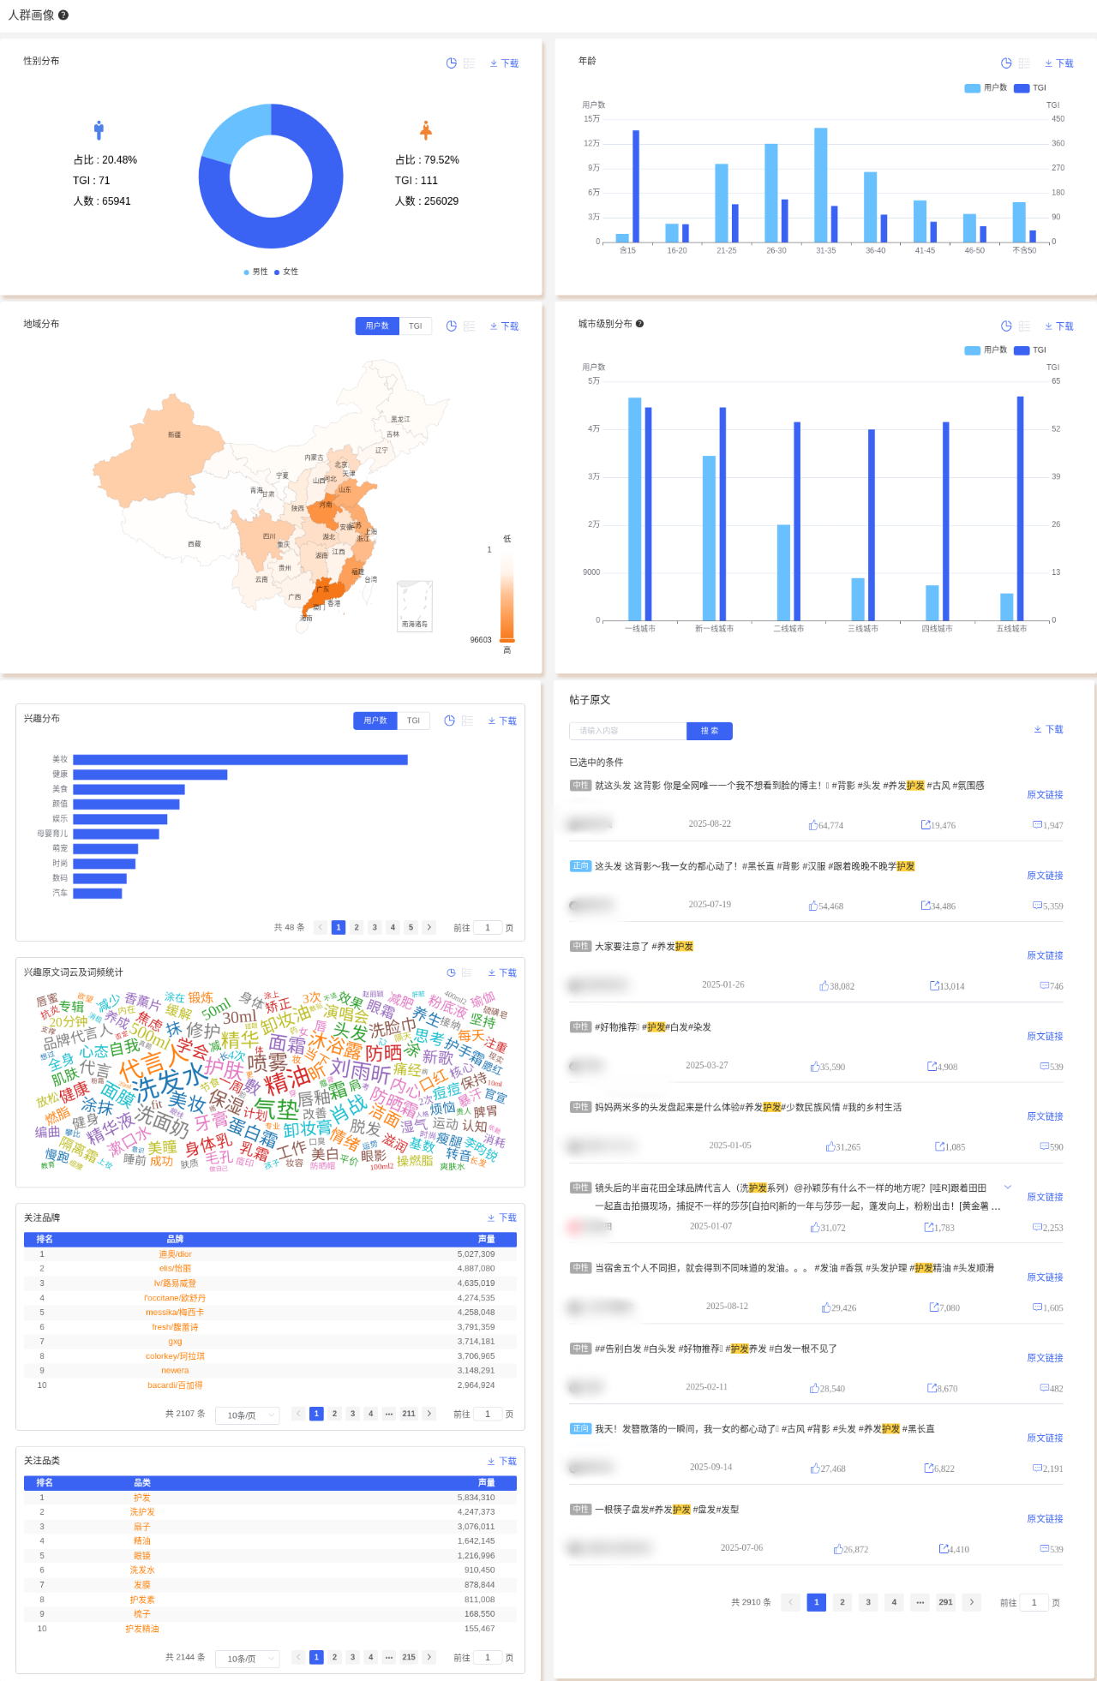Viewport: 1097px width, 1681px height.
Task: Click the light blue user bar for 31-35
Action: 820,184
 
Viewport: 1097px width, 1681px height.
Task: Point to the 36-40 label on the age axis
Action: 875,251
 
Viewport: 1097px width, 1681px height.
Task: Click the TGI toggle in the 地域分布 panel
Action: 415,326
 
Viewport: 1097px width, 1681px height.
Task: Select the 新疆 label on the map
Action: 174,435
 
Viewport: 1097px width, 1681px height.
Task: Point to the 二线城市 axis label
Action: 788,629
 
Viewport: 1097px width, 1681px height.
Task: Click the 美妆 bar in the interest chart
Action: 240,759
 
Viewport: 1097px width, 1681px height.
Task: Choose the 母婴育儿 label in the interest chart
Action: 52,834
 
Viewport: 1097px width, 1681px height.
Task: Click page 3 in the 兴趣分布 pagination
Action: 375,927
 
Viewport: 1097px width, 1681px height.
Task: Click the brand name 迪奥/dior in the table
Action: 175,1254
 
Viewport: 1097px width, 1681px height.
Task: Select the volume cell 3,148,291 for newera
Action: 476,1371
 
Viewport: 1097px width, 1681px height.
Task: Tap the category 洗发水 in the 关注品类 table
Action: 142,1570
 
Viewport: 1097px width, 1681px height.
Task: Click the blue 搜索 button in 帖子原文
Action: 709,731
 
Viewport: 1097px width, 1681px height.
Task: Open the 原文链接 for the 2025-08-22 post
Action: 1045,795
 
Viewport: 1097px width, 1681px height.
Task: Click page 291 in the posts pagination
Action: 945,1602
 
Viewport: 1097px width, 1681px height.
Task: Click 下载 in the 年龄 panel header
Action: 1059,63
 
